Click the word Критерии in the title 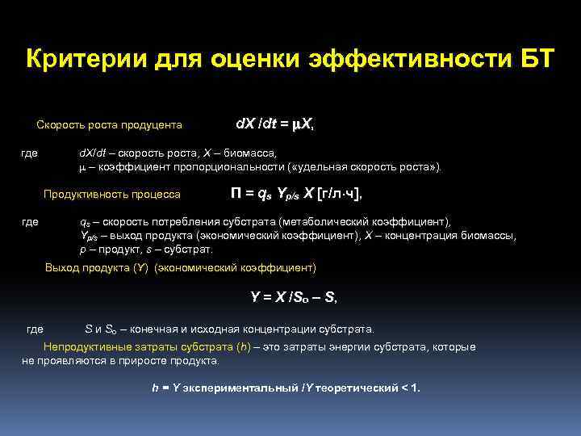coord(77,59)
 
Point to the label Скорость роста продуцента coord(110,125)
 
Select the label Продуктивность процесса coord(112,195)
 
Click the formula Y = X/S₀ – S coord(294,297)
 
